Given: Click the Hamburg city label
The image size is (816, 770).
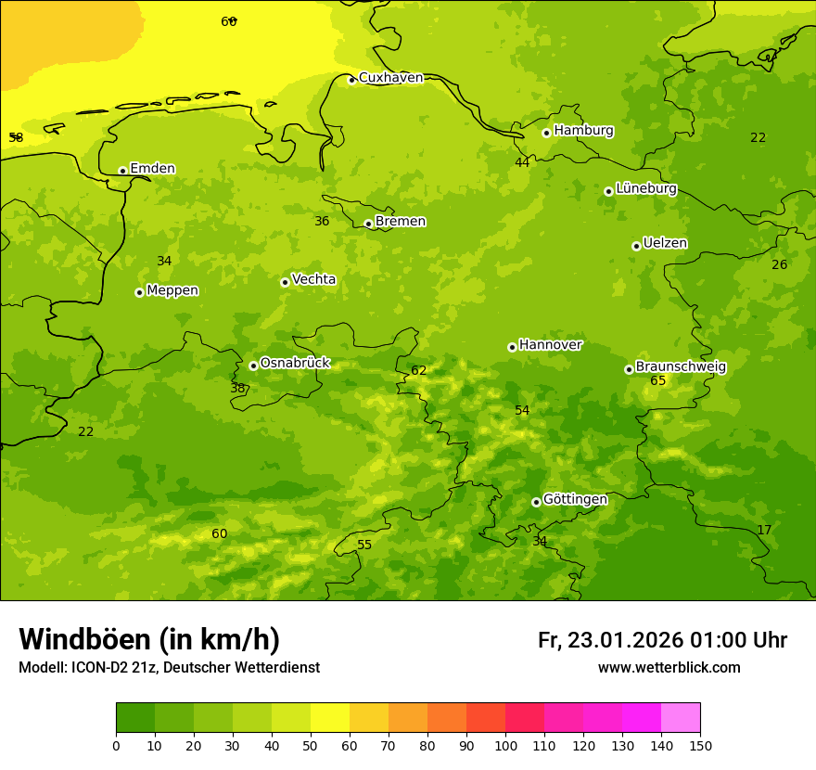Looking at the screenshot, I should [583, 131].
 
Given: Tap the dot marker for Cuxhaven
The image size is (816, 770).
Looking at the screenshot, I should [351, 80].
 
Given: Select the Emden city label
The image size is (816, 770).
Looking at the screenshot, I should [152, 169].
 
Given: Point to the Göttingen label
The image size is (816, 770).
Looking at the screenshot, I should [575, 499].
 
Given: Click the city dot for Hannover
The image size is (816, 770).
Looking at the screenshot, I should [512, 347].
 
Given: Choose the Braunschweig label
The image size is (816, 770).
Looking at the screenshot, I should [681, 367].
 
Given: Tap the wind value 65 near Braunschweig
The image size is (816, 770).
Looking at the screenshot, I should [658, 381].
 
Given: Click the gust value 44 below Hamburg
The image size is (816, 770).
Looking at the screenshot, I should [522, 162].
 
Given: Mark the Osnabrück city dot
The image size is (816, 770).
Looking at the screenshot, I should [253, 366].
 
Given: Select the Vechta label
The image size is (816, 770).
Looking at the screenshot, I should [313, 279].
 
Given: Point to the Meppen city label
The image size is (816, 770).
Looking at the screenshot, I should [172, 290].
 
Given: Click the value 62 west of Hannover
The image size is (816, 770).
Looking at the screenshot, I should [419, 370].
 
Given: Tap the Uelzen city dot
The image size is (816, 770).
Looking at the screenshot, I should [636, 246].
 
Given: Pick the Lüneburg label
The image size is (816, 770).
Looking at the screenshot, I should [645, 188].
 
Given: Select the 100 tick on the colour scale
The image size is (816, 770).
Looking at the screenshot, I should [505, 745].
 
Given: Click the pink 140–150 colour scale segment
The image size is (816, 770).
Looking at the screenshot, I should [681, 717].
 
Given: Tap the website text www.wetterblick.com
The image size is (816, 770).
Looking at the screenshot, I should [669, 667].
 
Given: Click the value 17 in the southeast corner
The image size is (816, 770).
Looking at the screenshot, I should [764, 530].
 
